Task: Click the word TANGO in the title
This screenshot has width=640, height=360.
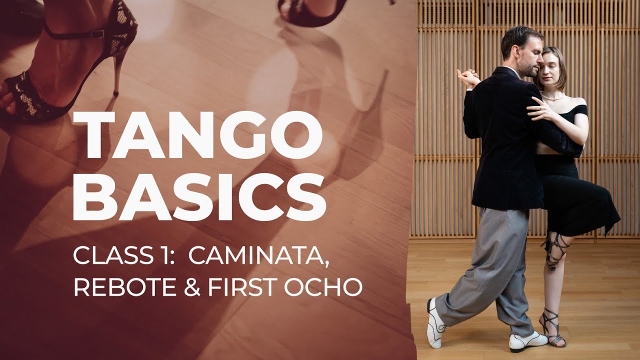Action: (197, 135)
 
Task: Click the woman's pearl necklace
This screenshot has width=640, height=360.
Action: (553, 97)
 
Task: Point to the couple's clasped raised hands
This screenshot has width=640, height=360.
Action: (467, 78)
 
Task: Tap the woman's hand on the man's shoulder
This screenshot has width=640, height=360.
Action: (540, 109)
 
